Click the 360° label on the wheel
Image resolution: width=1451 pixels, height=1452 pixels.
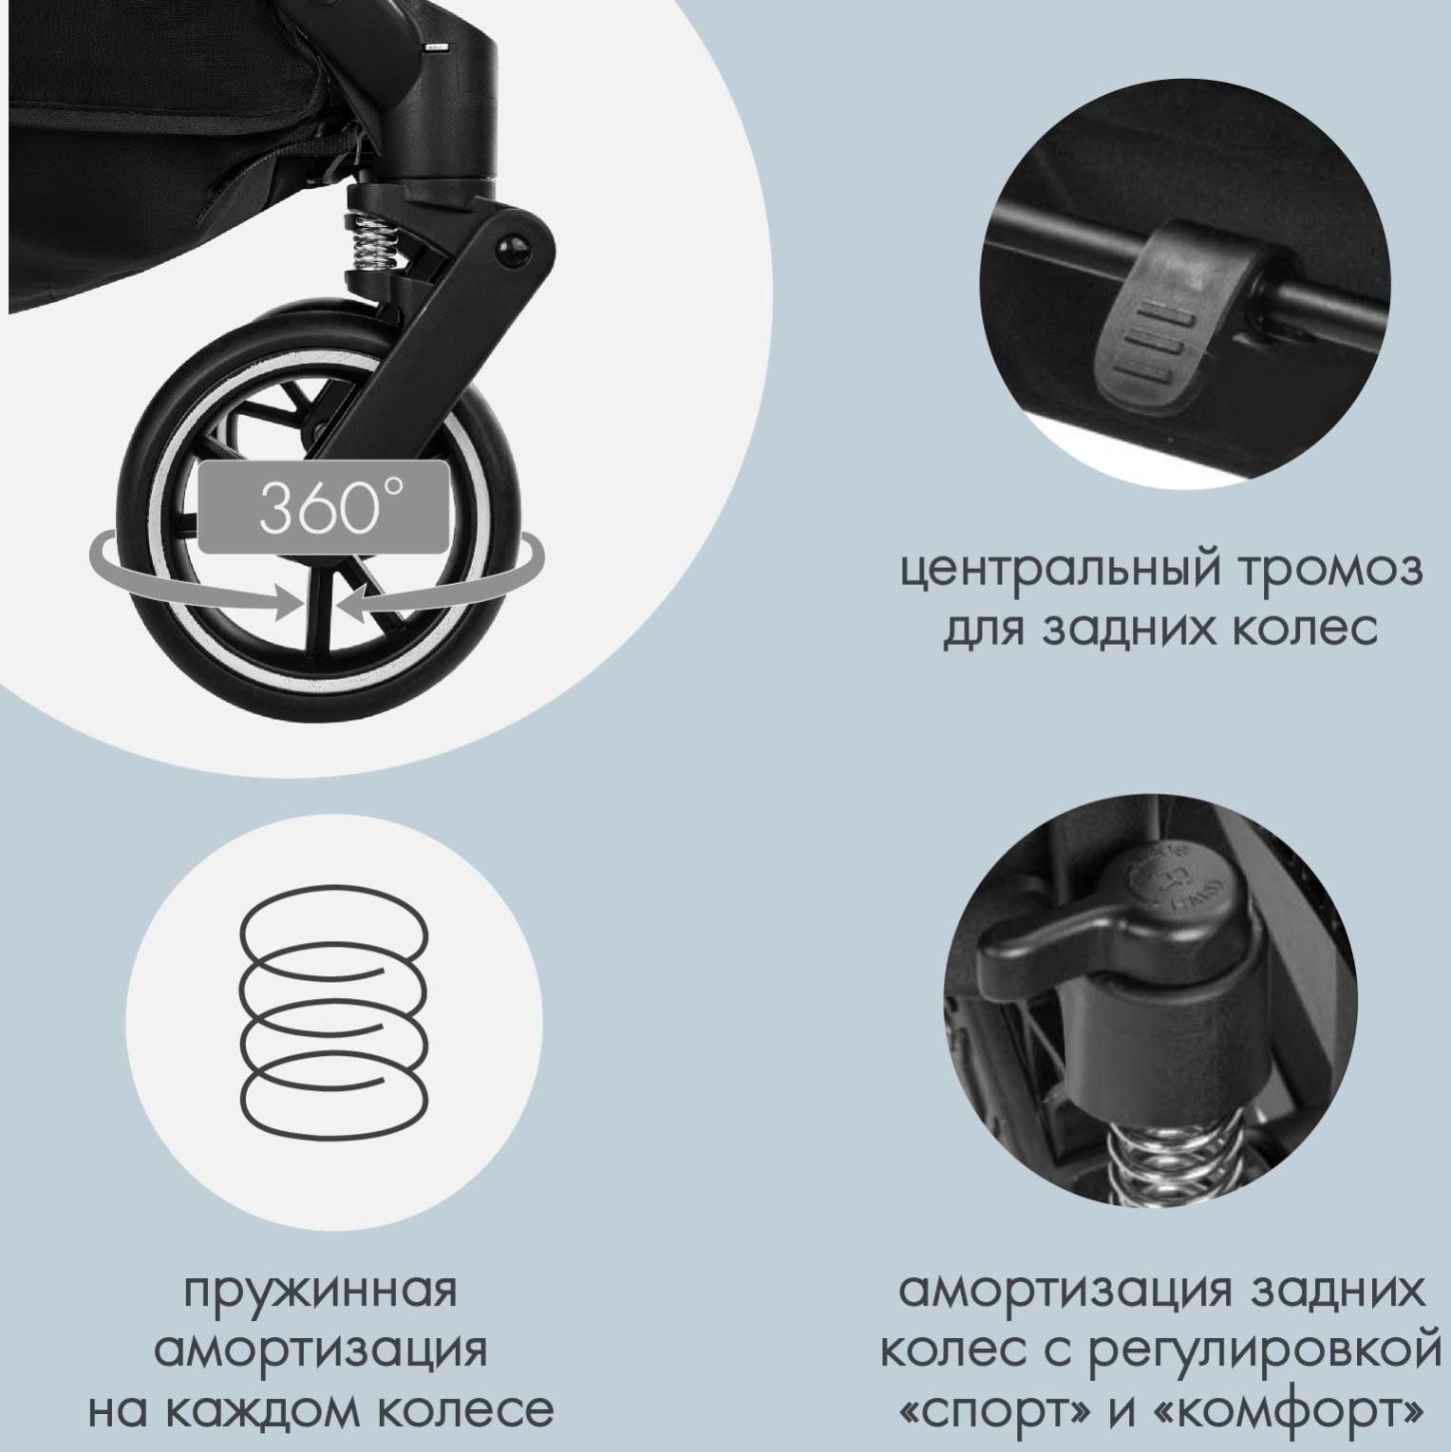(323, 508)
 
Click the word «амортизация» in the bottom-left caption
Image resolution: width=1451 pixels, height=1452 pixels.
(320, 1350)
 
